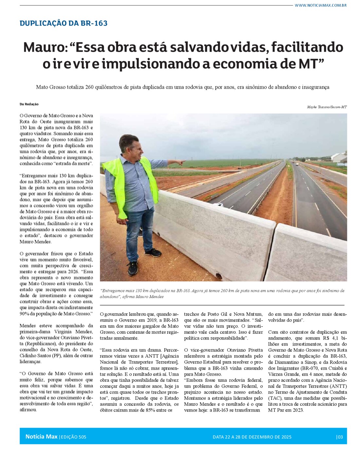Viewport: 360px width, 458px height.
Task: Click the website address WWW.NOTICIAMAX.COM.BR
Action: [x=320, y=5]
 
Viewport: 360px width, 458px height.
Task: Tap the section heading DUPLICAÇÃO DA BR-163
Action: [x=63, y=23]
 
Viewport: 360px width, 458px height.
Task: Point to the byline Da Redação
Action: [x=29, y=104]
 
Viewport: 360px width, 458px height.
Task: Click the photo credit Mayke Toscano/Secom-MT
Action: [x=327, y=107]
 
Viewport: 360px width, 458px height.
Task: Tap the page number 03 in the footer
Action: [x=340, y=437]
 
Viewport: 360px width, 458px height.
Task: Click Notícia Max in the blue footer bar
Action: [x=41, y=437]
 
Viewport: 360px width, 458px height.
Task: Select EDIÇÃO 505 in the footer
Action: [x=73, y=437]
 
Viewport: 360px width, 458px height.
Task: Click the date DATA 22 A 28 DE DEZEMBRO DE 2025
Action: [x=252, y=437]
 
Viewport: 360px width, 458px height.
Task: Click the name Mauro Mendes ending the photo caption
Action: [x=150, y=297]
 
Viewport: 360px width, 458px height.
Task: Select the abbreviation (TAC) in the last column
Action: [x=275, y=398]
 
